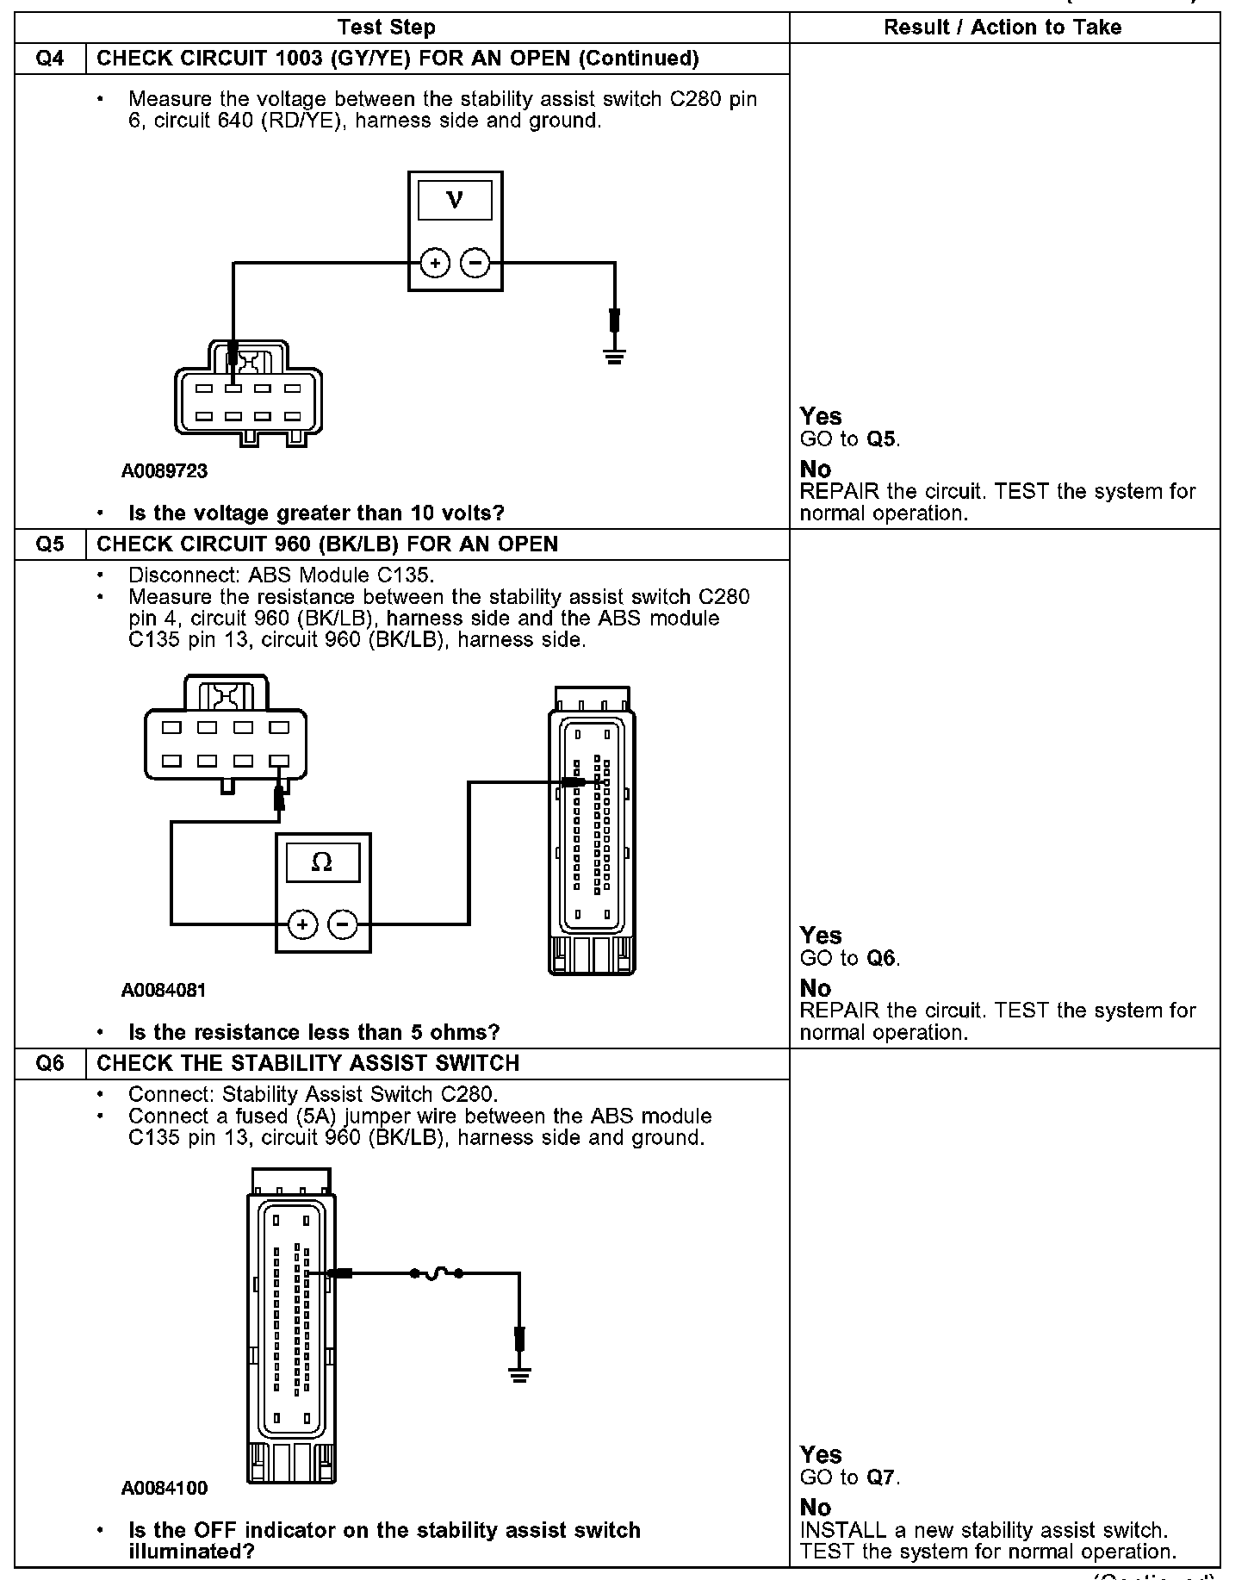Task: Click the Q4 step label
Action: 50,59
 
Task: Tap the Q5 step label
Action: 50,544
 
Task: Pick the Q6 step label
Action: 50,1063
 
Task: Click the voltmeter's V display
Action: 455,201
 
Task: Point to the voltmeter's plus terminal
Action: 435,263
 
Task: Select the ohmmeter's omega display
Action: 322,862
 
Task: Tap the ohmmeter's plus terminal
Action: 301,924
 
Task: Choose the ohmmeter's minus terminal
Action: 343,924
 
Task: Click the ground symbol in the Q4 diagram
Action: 613,357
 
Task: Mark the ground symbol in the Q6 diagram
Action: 519,1376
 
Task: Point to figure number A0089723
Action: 164,472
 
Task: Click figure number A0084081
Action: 164,991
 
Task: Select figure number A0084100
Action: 164,1489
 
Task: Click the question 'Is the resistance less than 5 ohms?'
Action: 313,1032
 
